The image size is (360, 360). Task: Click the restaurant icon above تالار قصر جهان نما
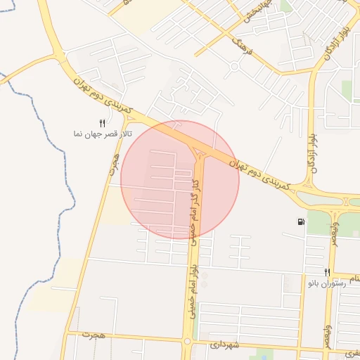pos(103,123)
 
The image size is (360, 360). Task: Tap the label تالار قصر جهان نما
pos(102,133)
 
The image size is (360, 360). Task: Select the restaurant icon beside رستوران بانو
pos(327,272)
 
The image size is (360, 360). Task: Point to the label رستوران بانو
pos(326,282)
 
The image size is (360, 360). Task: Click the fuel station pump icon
pos(301,222)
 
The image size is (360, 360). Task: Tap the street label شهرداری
pos(225,345)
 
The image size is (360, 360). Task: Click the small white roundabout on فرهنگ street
pos(233,67)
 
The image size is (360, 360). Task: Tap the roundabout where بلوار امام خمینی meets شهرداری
pos(187,342)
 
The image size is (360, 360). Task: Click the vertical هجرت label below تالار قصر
pos(113,166)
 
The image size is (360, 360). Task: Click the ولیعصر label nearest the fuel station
pos(335,231)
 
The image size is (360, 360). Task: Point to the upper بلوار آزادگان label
pos(329,42)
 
